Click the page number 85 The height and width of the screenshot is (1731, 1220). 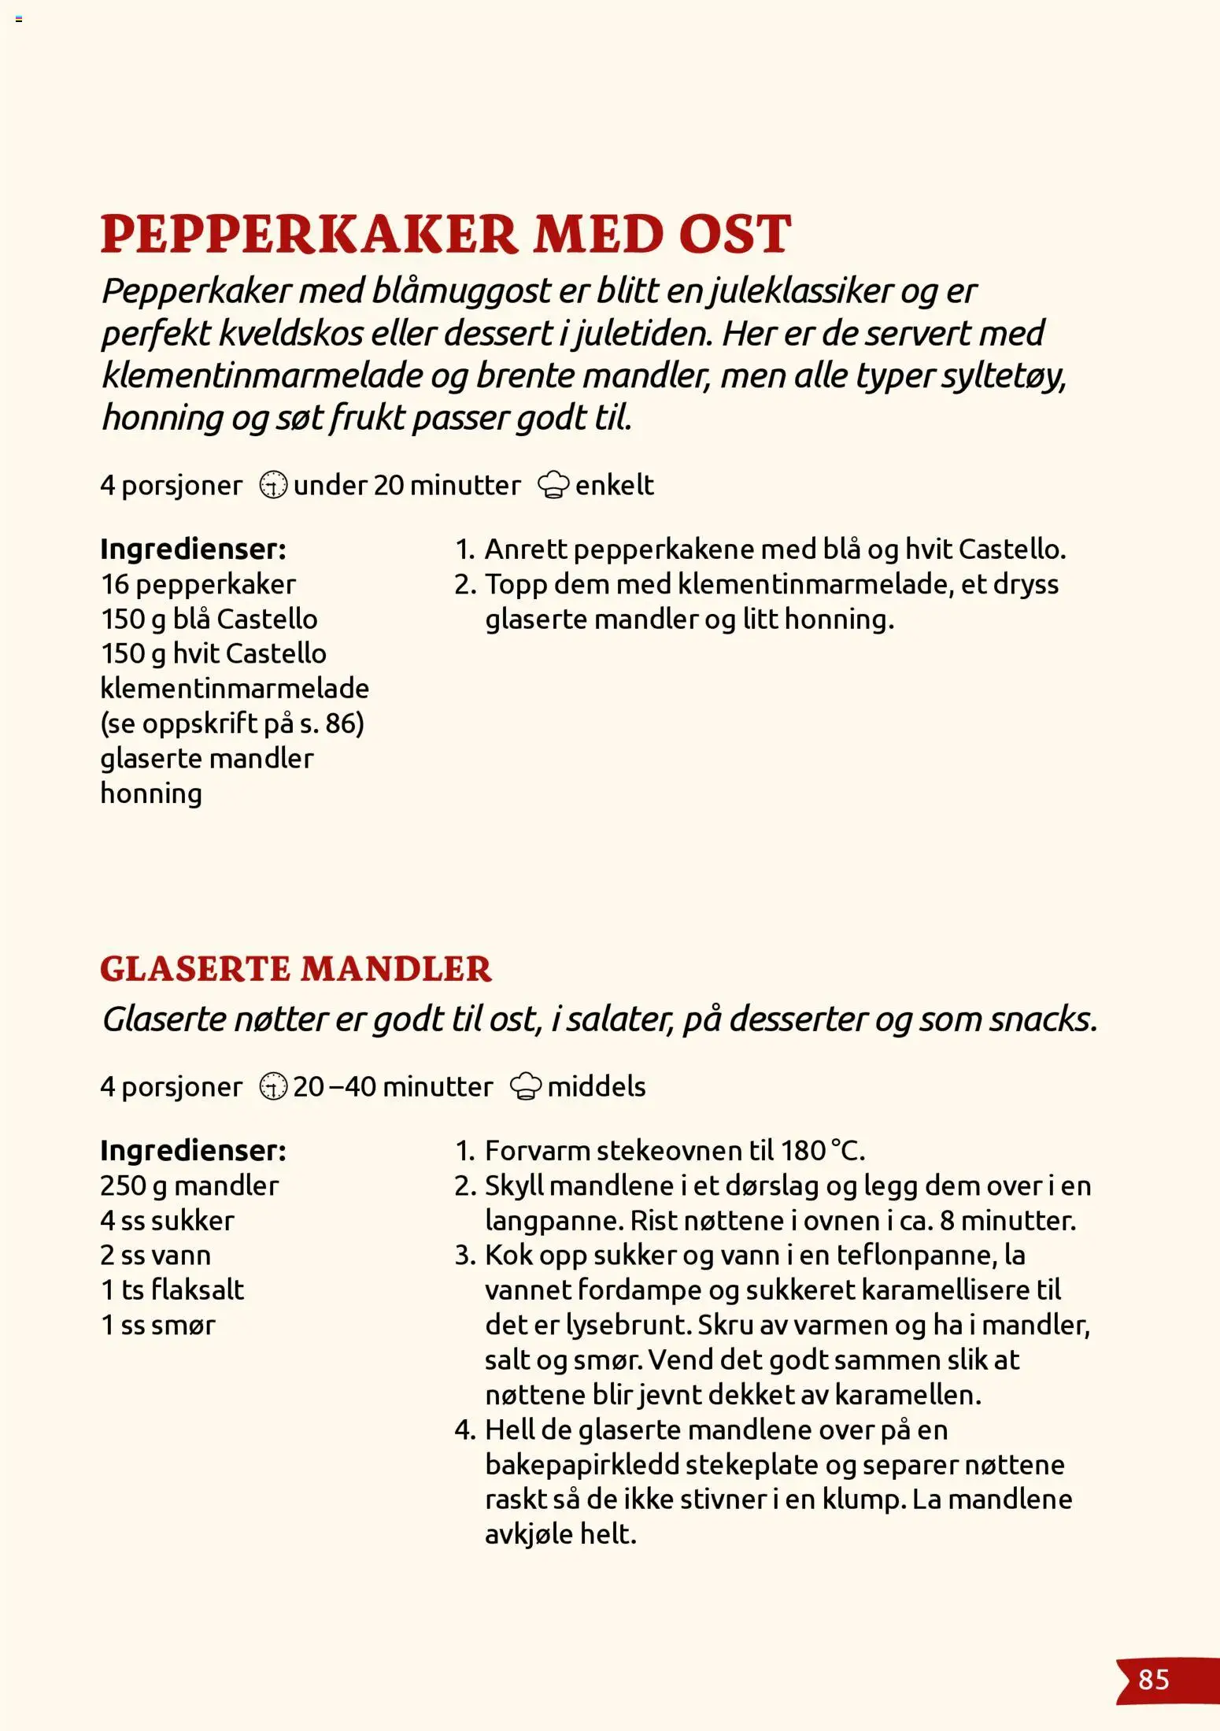click(1153, 1679)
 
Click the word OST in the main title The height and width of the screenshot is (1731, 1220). click(734, 234)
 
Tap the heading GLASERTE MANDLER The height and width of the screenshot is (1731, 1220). click(295, 968)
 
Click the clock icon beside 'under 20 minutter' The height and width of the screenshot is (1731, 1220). click(273, 485)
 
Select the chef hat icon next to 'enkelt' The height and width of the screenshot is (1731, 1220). click(553, 485)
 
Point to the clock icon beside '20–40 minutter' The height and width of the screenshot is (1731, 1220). click(273, 1086)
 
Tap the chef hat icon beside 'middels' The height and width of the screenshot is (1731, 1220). click(526, 1086)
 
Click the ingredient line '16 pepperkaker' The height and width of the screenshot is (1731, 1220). click(198, 584)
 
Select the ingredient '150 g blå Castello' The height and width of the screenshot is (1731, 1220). click(209, 619)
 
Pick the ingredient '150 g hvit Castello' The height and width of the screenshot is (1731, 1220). click(213, 653)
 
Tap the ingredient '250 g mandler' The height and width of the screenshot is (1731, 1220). click(189, 1185)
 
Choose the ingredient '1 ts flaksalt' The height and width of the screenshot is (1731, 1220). click(172, 1289)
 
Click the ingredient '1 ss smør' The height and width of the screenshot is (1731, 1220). click(157, 1325)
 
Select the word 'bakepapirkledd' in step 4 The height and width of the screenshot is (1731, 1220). click(581, 1464)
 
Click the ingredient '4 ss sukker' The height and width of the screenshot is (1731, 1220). click(167, 1220)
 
